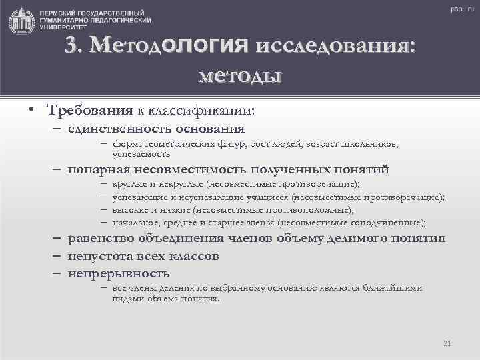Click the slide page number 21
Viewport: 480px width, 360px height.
(x=447, y=343)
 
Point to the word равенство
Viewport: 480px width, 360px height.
(x=100, y=239)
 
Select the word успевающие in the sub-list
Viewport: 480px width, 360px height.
(x=134, y=197)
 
